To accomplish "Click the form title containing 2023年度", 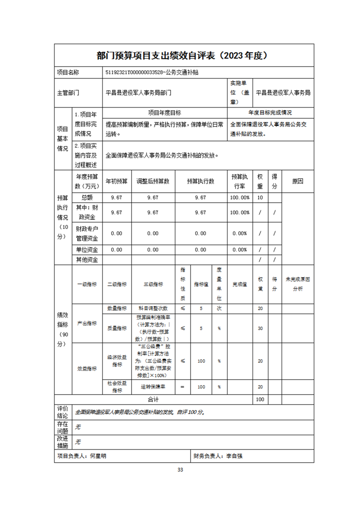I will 184,55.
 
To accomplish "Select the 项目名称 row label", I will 68,72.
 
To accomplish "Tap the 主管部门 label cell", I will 68,93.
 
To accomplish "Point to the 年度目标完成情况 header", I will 270,113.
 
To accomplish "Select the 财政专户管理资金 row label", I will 87,233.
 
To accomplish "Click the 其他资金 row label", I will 87,259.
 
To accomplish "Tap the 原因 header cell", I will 297,181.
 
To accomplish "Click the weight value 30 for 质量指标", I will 260,328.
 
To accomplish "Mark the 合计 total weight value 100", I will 260,399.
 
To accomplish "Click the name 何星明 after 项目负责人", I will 98,456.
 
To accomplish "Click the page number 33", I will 180,470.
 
